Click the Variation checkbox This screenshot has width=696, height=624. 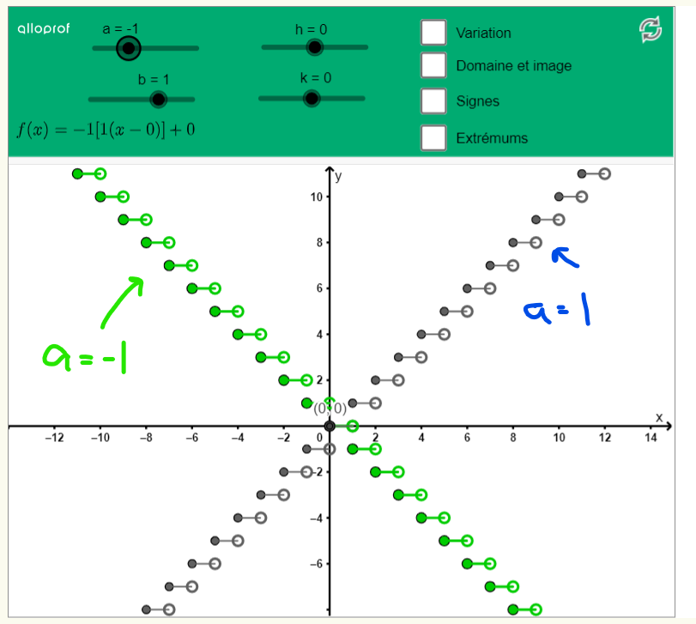[x=434, y=33]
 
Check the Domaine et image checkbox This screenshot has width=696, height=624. [x=434, y=65]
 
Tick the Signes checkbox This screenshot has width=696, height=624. [x=434, y=101]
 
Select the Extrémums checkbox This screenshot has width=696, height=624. [x=434, y=137]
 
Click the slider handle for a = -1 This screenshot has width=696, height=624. [x=129, y=49]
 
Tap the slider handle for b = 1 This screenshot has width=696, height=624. [x=158, y=100]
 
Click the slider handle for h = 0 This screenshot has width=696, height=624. [x=315, y=48]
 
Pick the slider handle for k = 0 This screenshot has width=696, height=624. [x=312, y=99]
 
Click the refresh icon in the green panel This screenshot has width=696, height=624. [x=651, y=30]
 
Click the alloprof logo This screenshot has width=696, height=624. [x=42, y=29]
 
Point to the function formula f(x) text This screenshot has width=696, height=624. [x=106, y=130]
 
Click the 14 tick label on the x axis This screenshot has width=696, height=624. [x=651, y=438]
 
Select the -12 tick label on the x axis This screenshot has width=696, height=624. [x=54, y=438]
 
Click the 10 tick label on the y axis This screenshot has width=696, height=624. [x=317, y=197]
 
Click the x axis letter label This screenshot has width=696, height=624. [x=659, y=417]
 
